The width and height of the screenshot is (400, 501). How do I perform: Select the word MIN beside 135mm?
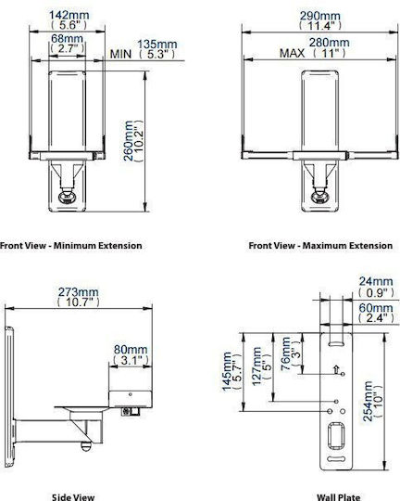tap(120, 54)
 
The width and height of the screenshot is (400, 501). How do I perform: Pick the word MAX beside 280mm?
tap(293, 53)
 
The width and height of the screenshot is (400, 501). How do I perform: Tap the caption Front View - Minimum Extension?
tap(70, 246)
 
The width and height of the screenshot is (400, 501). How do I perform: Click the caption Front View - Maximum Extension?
tap(320, 246)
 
